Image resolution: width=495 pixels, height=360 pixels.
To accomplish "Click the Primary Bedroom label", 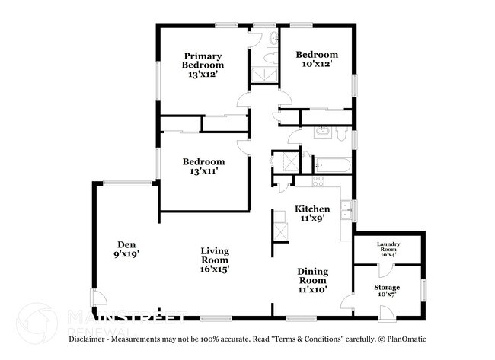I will pyautogui.click(x=203, y=61).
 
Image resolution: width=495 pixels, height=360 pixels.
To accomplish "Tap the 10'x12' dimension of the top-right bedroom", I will pyautogui.click(x=317, y=65).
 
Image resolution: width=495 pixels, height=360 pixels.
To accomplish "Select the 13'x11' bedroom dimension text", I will pyautogui.click(x=203, y=172).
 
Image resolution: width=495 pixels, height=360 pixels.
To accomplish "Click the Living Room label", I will pyautogui.click(x=216, y=256).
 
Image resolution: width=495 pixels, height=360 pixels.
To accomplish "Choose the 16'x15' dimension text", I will pyautogui.click(x=216, y=269).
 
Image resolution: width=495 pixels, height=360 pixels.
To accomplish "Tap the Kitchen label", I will pyautogui.click(x=312, y=209).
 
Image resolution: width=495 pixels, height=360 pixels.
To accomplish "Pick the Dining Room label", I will pyautogui.click(x=311, y=275).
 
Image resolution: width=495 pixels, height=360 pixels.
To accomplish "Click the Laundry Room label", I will pyautogui.click(x=388, y=247).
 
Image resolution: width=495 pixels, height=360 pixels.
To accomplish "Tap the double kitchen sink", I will pyautogui.click(x=346, y=210).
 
